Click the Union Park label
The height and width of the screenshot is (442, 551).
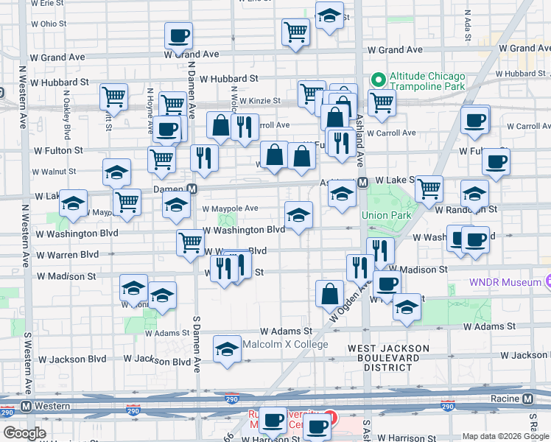click(384, 215)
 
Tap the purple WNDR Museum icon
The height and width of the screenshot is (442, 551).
click(547, 282)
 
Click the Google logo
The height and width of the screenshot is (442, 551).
click(24, 433)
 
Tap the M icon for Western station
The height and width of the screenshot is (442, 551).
click(26, 406)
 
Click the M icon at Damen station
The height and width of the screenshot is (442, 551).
click(192, 189)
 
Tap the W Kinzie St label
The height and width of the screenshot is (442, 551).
click(262, 100)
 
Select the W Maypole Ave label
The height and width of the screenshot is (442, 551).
click(235, 208)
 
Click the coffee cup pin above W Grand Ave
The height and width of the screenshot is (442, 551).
click(178, 35)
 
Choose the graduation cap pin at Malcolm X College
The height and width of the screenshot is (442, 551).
click(227, 349)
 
